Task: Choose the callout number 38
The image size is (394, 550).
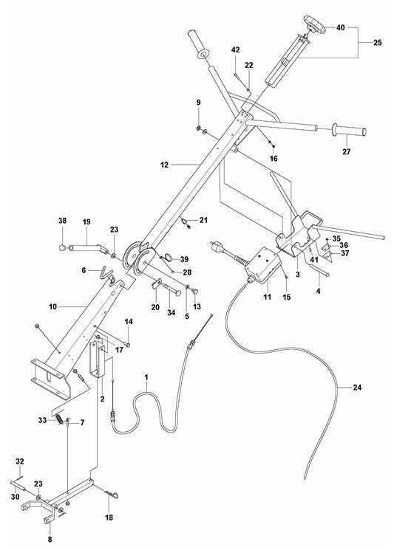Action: click(x=62, y=221)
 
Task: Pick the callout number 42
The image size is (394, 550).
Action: click(x=236, y=49)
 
